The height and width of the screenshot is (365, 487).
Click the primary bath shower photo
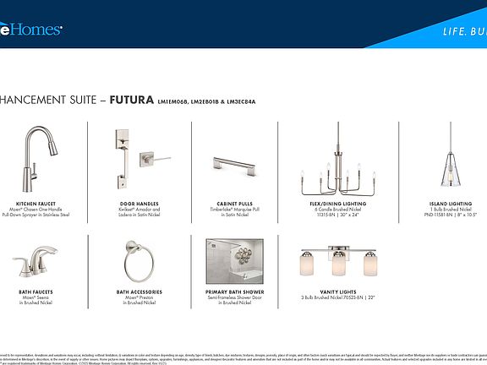tap(235, 261)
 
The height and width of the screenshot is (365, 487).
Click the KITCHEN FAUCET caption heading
tap(36, 204)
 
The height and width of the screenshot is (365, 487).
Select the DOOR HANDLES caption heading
tap(138, 204)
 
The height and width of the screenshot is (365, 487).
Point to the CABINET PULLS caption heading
tap(233, 204)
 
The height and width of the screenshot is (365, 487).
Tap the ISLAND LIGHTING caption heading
tap(450, 204)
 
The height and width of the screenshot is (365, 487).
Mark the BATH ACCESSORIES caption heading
tap(138, 292)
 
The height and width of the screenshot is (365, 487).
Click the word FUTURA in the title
tap(132, 99)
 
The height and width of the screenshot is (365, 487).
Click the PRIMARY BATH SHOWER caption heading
tap(235, 292)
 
